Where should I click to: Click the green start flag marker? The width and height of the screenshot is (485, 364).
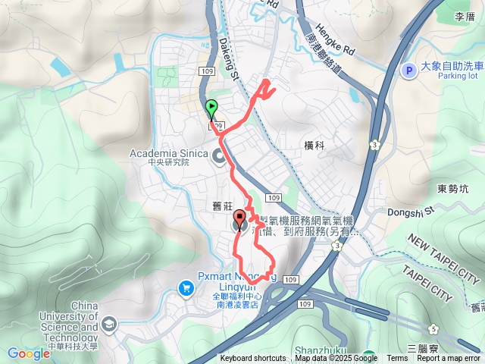pyautogui.click(x=211, y=109)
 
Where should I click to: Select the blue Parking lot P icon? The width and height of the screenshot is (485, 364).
pyautogui.click(x=409, y=71)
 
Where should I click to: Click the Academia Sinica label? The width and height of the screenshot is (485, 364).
pyautogui.click(x=168, y=153)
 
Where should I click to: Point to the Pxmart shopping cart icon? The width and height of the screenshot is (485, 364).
pyautogui.click(x=186, y=287)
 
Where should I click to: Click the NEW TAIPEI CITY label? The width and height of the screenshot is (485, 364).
pyautogui.click(x=446, y=250)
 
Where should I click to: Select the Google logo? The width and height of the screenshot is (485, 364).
pyautogui.click(x=29, y=353)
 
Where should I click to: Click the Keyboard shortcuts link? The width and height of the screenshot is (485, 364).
pyautogui.click(x=253, y=359)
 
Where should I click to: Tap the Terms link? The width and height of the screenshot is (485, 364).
pyautogui.click(x=396, y=359)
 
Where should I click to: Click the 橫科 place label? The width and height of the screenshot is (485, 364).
pyautogui.click(x=313, y=144)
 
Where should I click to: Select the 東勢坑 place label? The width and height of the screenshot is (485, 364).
pyautogui.click(x=454, y=188)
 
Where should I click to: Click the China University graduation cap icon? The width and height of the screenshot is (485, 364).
pyautogui.click(x=109, y=324)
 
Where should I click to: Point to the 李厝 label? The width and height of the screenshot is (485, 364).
pyautogui.click(x=464, y=16)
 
